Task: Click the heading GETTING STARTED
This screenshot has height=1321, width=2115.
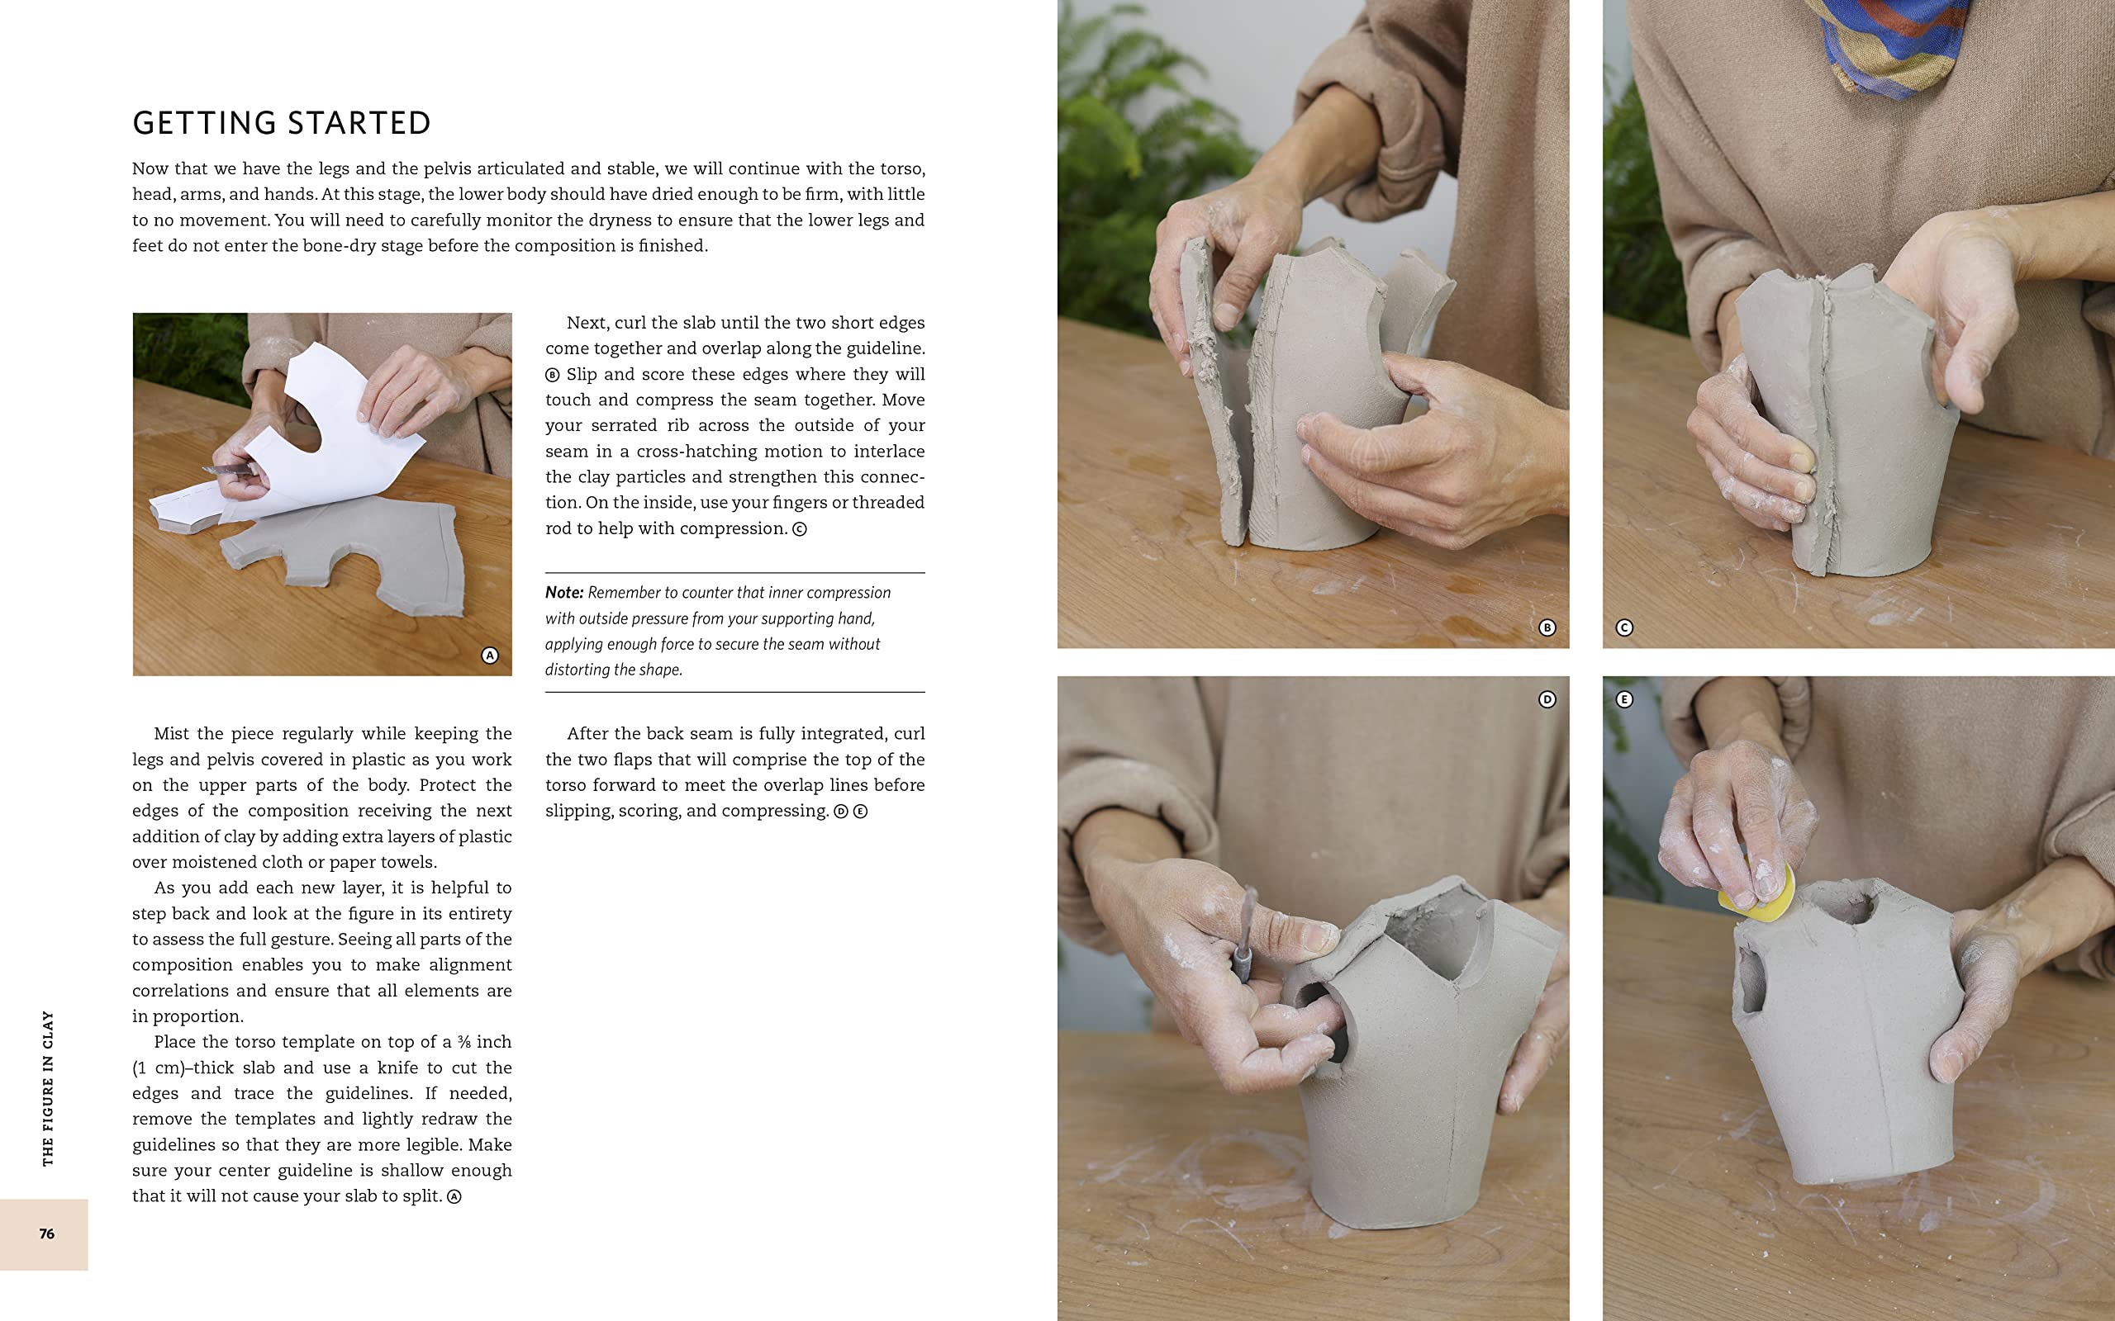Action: [282, 123]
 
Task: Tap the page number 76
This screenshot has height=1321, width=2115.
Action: [46, 1233]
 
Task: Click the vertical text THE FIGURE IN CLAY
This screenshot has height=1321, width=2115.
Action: [48, 1087]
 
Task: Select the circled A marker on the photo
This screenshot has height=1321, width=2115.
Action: [489, 656]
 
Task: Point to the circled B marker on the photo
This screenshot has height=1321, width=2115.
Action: [1547, 627]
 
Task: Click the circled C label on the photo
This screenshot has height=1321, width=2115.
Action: [1623, 627]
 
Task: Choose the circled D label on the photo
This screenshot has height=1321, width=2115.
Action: [1547, 699]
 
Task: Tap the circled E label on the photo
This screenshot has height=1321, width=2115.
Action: [1623, 699]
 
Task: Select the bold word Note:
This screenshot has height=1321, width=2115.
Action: [563, 592]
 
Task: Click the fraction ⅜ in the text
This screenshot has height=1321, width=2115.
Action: [463, 1042]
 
